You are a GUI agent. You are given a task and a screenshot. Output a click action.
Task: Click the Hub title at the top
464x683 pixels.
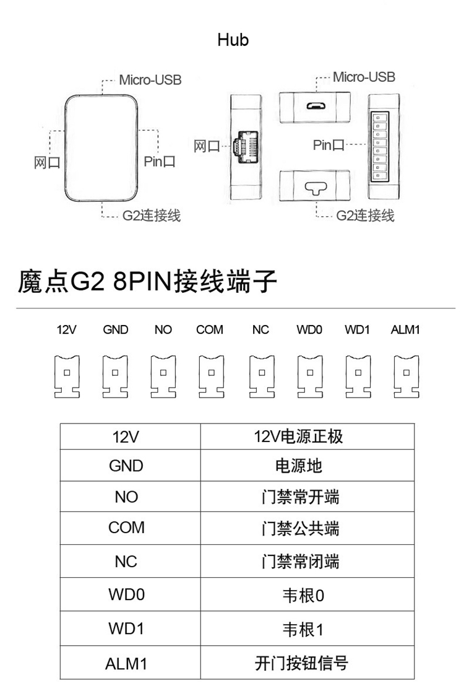coord(233,40)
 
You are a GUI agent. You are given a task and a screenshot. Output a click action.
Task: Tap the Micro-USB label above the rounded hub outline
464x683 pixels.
coord(150,80)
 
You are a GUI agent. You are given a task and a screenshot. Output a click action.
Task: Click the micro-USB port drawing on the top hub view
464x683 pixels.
coord(316,105)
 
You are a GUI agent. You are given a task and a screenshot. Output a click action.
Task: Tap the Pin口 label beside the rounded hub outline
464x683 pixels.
coord(160,162)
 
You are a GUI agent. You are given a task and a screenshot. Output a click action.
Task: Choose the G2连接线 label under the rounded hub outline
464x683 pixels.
coord(152,215)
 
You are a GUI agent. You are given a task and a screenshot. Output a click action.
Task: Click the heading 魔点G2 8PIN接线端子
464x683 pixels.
coord(147,282)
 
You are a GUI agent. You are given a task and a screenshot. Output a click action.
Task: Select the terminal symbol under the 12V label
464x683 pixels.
coord(67,376)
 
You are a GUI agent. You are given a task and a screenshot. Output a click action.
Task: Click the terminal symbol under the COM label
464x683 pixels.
coord(210,376)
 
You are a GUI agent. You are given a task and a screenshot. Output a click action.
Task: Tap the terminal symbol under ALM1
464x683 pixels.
coord(406,376)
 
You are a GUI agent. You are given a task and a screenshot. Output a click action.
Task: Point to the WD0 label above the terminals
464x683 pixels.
coord(309,330)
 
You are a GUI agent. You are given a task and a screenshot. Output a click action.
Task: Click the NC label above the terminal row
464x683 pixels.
coord(260,330)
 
